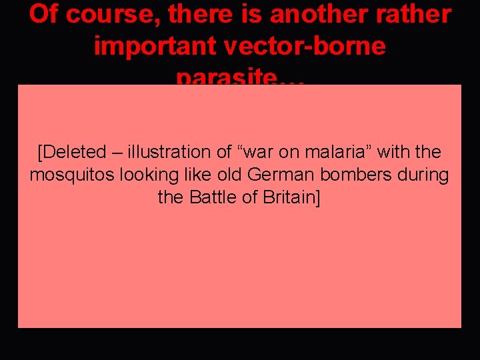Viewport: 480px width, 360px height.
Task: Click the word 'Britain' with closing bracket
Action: [291, 198]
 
